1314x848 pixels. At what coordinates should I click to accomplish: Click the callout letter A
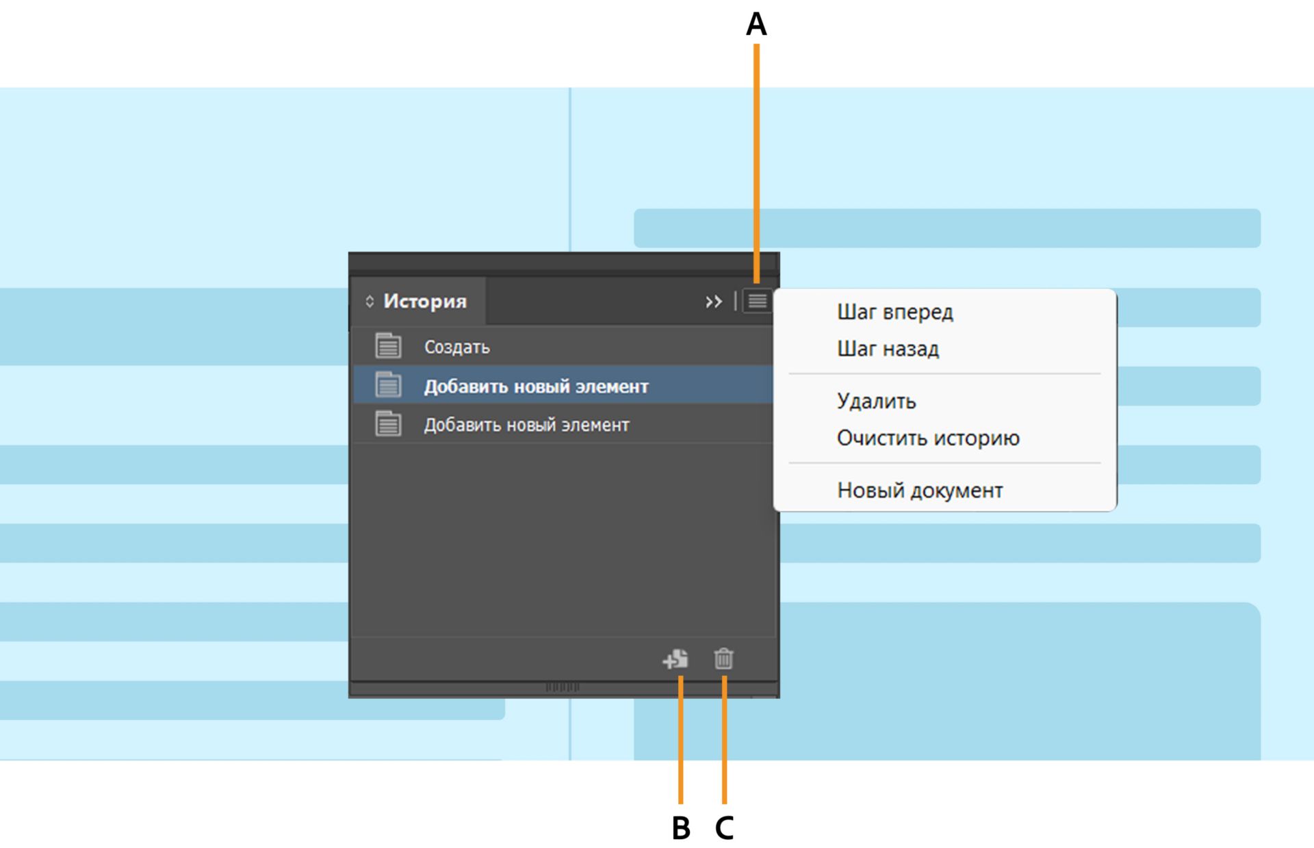click(756, 25)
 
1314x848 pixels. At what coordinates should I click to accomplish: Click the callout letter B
click(681, 827)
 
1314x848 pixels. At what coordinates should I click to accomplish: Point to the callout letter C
click(724, 827)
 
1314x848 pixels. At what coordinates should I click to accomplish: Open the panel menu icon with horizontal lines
click(757, 301)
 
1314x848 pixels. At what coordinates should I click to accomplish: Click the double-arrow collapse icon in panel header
click(714, 302)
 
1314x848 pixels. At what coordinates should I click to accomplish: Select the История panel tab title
click(424, 301)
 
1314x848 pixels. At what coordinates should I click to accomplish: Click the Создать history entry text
click(456, 347)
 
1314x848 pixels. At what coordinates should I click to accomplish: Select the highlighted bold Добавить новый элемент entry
click(536, 386)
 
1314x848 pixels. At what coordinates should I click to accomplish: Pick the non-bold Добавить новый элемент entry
click(526, 425)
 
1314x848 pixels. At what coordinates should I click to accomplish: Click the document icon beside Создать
click(388, 346)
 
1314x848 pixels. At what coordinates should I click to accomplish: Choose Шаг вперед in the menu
click(894, 312)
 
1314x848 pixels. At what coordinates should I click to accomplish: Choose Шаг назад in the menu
click(888, 349)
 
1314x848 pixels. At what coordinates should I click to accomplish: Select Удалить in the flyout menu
click(876, 401)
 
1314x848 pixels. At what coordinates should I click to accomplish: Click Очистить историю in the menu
click(928, 438)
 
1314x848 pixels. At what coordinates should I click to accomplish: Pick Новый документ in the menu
click(920, 490)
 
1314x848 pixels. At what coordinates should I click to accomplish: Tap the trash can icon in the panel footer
click(723, 659)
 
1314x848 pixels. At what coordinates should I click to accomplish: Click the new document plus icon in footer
click(675, 659)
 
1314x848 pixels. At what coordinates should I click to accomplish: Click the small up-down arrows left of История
click(370, 302)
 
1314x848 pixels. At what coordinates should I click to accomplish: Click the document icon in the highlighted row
click(388, 385)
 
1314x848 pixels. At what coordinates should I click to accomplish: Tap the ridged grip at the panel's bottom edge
click(563, 687)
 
